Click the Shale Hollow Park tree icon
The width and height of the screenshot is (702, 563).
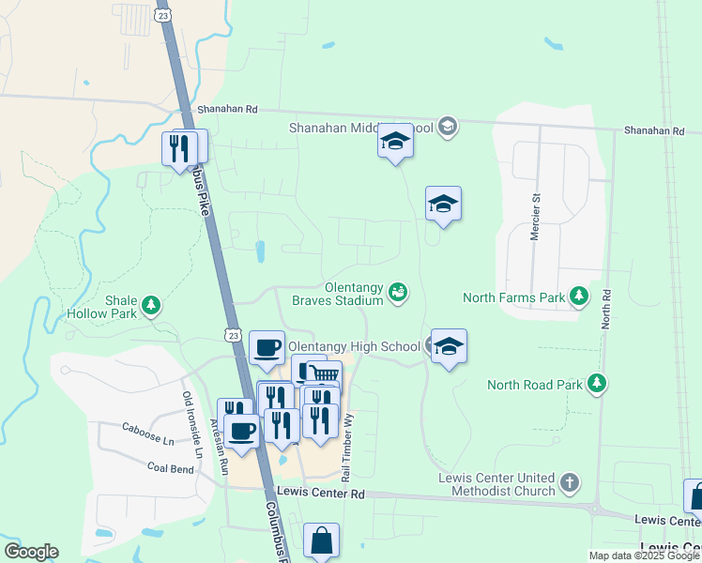(150, 305)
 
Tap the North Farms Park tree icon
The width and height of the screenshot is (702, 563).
(580, 297)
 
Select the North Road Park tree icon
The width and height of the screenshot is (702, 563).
(596, 383)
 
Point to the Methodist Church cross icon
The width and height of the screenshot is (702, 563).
(569, 483)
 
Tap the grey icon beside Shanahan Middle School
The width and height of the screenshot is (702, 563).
(447, 127)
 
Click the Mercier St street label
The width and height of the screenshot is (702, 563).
(537, 219)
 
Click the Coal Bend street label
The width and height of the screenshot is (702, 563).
(170, 465)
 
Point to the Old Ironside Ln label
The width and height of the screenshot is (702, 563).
(192, 424)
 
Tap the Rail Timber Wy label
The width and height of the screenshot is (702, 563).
(347, 446)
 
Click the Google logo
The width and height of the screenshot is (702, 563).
(31, 552)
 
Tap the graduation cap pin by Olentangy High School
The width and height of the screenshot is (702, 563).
(449, 347)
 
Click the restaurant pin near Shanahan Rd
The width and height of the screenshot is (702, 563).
(178, 147)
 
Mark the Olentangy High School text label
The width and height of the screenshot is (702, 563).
(354, 346)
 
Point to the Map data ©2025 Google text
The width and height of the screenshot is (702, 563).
(644, 555)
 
